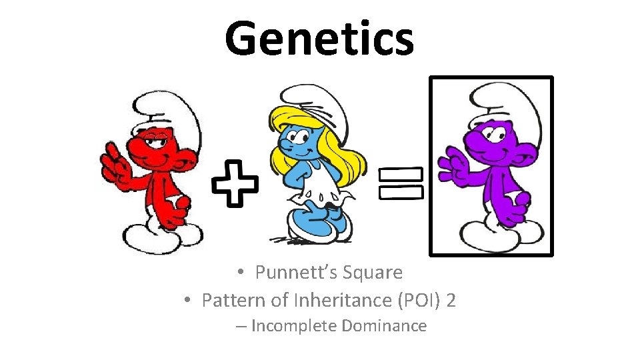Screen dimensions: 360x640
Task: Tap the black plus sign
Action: click(235, 182)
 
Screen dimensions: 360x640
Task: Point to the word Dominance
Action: click(385, 326)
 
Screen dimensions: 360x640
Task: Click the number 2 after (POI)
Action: click(451, 301)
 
